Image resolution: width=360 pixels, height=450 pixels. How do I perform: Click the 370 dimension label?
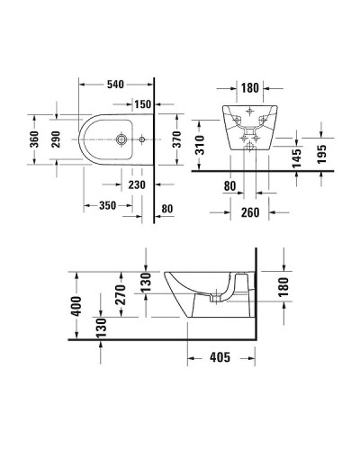click(x=179, y=140)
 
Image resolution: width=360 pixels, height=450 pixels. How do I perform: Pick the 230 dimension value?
click(x=136, y=185)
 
